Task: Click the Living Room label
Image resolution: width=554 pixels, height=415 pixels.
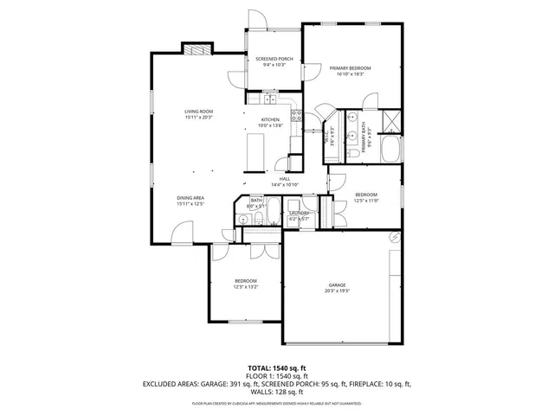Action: pyautogui.click(x=198, y=112)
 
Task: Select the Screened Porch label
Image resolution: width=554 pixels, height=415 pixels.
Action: pyautogui.click(x=274, y=59)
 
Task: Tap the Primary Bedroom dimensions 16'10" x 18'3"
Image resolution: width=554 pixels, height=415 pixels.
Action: pyautogui.click(x=350, y=74)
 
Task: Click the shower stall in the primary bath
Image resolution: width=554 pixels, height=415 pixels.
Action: pyautogui.click(x=391, y=120)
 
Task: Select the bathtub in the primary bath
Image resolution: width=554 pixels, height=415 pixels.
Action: pyautogui.click(x=390, y=149)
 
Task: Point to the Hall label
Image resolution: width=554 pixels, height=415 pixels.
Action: pyautogui.click(x=284, y=179)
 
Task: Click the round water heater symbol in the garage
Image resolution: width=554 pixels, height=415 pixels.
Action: pyautogui.click(x=395, y=236)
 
